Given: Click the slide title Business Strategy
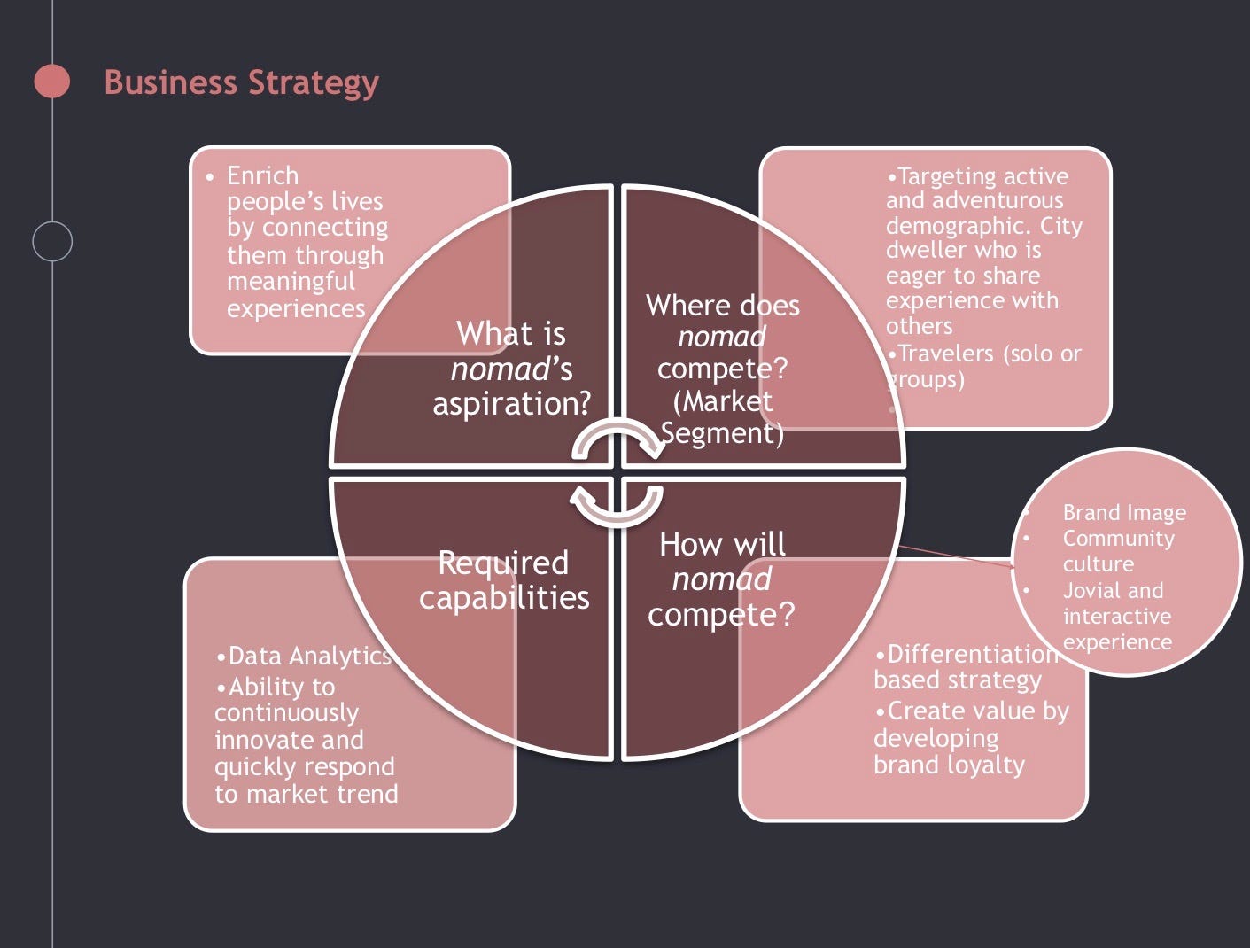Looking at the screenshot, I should pos(241,82).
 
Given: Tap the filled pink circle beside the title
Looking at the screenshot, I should pos(52,82).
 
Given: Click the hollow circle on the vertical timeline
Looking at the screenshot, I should pos(52,241).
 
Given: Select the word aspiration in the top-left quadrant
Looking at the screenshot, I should pos(511,403).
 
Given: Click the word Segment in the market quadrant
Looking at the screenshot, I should pos(722,433).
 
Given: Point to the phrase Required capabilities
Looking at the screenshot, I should pos(504,579).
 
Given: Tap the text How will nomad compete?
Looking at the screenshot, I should pos(722,579).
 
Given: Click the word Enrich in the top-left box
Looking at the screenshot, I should pos(262,175).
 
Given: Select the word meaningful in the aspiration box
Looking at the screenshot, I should pos(291,282).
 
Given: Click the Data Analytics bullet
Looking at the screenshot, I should pos(304,656).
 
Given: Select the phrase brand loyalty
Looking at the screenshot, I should pos(949,765).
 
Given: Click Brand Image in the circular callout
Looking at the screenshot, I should pos(1124,512).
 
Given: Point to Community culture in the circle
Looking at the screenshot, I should pos(1118,550).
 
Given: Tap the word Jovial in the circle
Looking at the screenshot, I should pos(1094,590).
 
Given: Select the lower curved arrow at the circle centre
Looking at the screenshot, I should pos(617,504).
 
